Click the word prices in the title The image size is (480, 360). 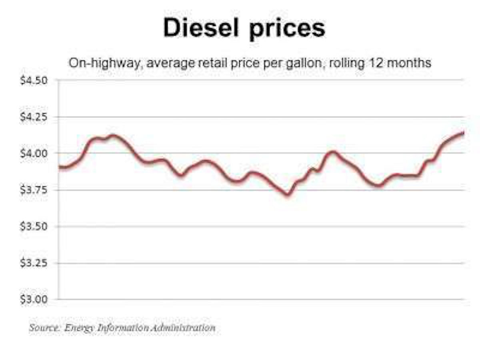click(286, 29)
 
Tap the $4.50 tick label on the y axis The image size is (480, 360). click(34, 80)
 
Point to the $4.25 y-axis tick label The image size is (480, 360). click(34, 117)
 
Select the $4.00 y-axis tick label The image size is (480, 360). click(34, 153)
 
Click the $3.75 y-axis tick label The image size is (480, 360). click(34, 190)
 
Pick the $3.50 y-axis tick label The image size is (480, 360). click(34, 226)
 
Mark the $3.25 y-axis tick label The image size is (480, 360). click(34, 263)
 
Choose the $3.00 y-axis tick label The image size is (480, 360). click(34, 299)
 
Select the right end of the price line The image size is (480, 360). click(463, 132)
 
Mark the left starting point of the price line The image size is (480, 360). click(60, 167)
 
